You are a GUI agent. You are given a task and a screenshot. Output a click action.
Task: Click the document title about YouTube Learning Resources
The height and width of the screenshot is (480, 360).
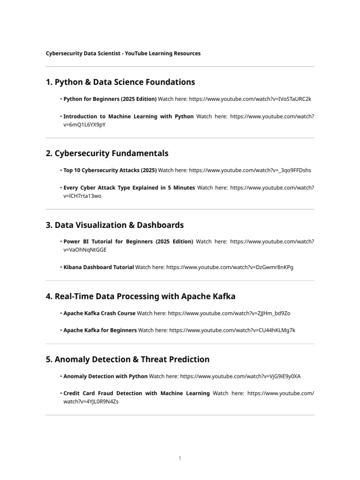click(x=123, y=53)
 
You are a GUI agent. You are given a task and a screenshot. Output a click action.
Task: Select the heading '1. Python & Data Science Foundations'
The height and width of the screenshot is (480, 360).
click(x=120, y=82)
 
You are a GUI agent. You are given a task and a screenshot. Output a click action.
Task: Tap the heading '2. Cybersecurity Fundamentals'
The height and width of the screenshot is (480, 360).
click(x=107, y=153)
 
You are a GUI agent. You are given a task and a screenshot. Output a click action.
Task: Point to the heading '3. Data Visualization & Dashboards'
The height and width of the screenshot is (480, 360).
click(x=115, y=225)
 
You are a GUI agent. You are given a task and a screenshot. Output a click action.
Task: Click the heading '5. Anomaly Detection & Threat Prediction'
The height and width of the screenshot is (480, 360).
click(x=127, y=360)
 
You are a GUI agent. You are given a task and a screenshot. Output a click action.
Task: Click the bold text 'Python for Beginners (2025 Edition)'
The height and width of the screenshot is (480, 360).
click(x=110, y=99)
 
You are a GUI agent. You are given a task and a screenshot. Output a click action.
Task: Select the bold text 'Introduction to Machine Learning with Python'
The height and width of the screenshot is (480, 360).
click(x=128, y=116)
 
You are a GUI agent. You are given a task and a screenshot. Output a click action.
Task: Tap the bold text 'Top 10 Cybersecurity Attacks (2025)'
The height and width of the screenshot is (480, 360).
click(x=110, y=170)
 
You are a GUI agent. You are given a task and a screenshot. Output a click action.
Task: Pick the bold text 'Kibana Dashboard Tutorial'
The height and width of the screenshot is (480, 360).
click(x=98, y=267)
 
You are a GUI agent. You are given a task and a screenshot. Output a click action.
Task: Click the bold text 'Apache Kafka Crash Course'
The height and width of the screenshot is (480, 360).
click(x=99, y=313)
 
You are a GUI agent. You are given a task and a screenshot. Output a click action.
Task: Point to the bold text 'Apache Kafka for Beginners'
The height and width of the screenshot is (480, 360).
click(x=100, y=330)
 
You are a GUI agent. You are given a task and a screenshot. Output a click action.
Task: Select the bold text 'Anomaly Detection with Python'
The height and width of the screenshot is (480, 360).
click(x=105, y=376)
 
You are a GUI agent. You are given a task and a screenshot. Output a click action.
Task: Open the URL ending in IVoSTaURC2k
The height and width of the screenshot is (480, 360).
click(x=250, y=99)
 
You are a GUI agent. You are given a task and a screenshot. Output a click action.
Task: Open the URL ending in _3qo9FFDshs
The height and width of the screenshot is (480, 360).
click(x=250, y=170)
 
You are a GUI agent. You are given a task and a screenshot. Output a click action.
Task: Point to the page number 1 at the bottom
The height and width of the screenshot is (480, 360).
click(x=180, y=458)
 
